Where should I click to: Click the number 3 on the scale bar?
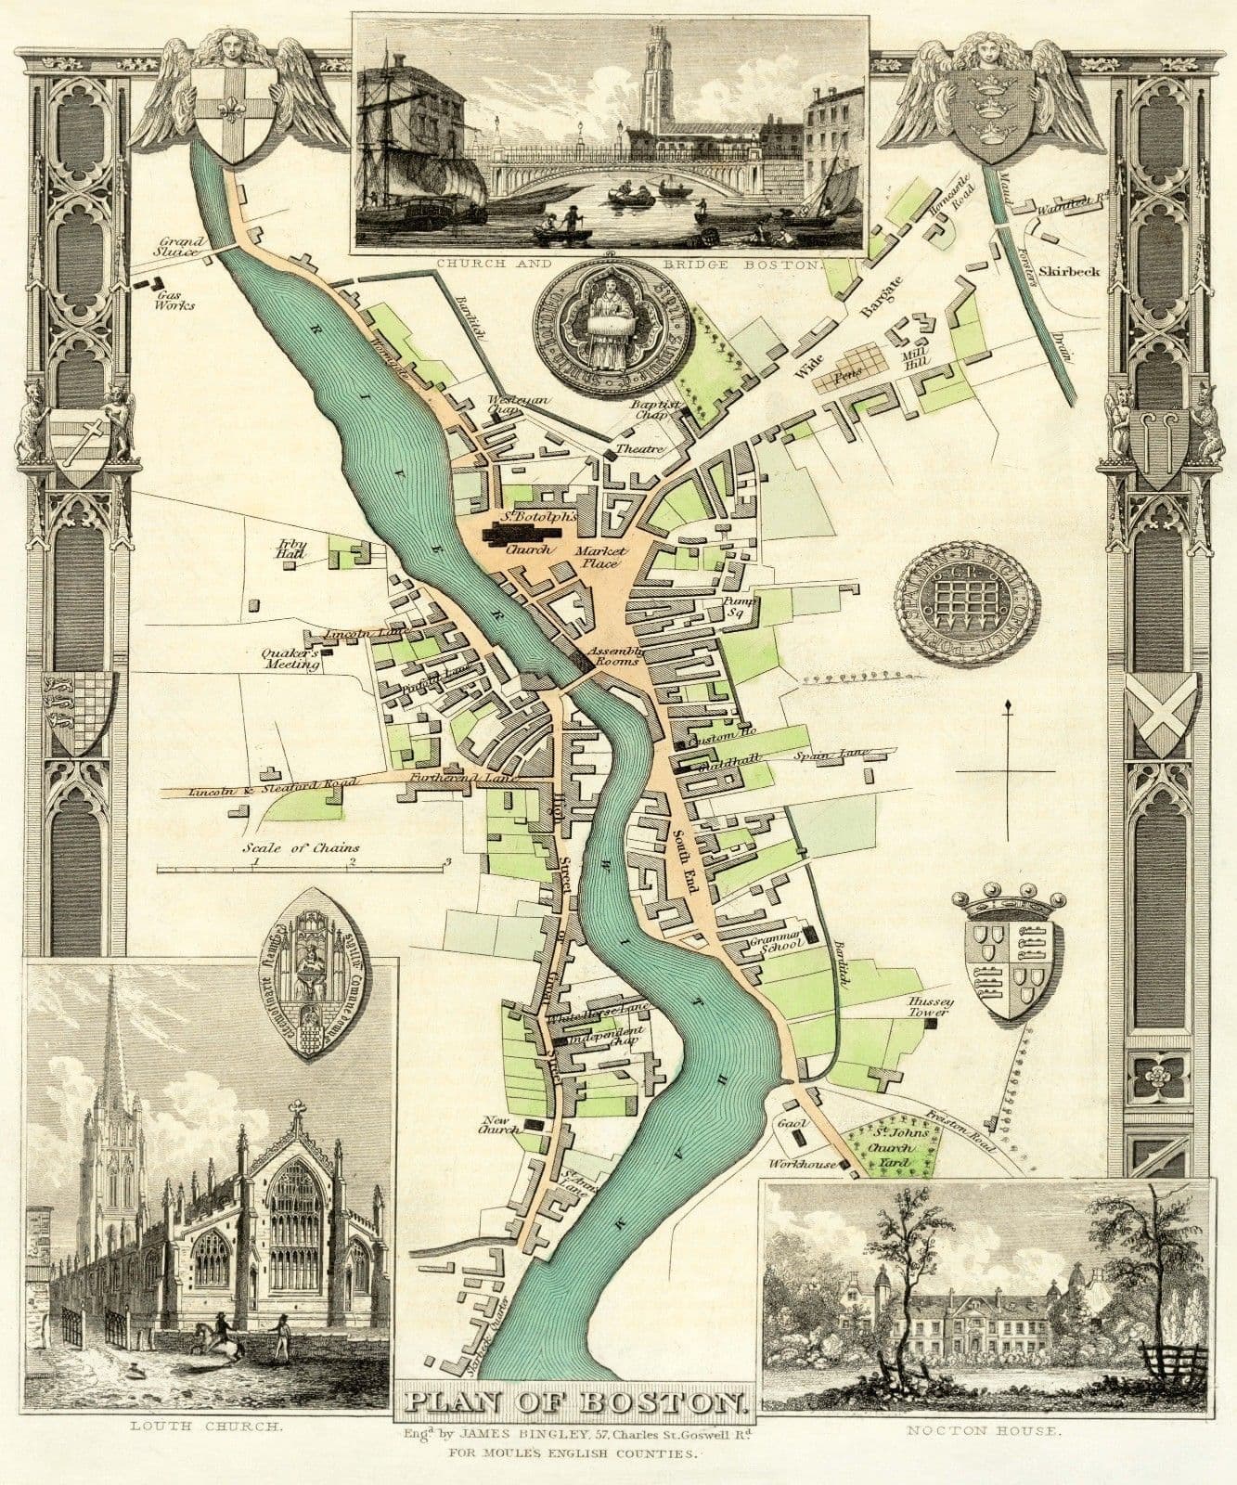(x=448, y=861)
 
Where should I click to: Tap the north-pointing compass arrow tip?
(x=1006, y=707)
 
